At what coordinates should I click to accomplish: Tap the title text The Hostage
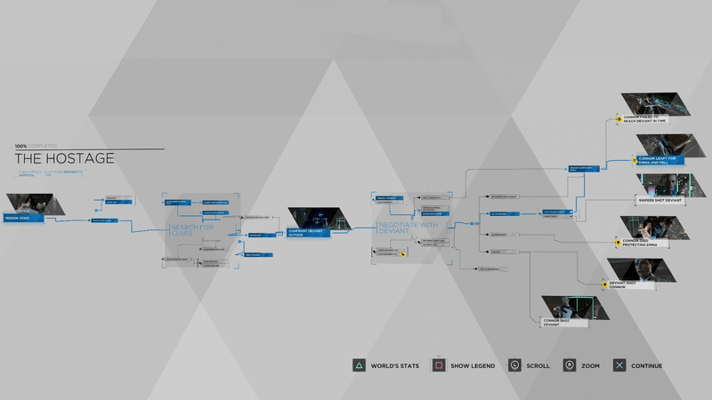(65, 158)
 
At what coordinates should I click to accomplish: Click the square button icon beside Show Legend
(439, 365)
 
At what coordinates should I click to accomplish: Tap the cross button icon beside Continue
(619, 365)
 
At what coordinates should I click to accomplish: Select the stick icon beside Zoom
(570, 365)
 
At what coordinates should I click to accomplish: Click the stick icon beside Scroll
(515, 365)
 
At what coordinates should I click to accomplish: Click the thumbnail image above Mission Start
(34, 204)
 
